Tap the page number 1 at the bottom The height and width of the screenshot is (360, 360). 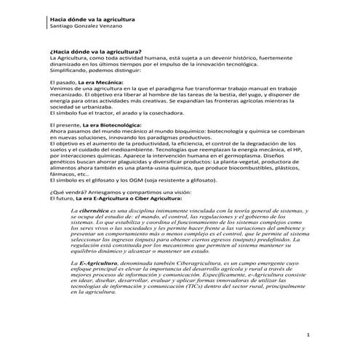pos(308,336)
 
